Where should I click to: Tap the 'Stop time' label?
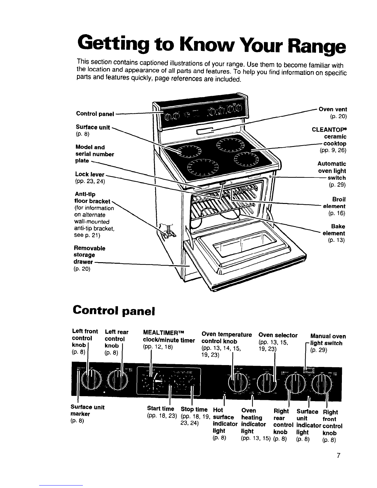194,409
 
